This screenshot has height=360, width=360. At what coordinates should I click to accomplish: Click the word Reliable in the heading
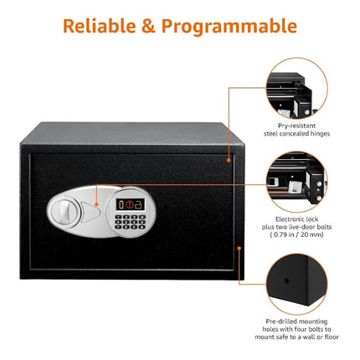(x=100, y=26)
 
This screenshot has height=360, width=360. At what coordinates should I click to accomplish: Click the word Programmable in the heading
(x=229, y=28)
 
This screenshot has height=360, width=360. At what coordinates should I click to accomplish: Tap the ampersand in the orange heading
(x=148, y=26)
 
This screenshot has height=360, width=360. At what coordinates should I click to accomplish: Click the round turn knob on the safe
(x=64, y=213)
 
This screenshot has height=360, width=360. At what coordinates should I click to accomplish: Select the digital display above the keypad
(x=131, y=204)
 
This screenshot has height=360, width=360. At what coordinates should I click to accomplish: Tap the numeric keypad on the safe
(x=131, y=222)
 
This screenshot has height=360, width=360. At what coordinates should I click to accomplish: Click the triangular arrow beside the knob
(x=90, y=212)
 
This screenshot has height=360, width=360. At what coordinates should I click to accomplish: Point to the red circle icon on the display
(x=129, y=204)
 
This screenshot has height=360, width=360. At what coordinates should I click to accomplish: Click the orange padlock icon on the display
(x=137, y=204)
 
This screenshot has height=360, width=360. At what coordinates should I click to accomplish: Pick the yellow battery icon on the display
(x=121, y=204)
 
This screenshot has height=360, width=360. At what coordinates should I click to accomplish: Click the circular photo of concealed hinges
(x=296, y=88)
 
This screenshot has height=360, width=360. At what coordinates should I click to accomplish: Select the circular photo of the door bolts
(x=296, y=182)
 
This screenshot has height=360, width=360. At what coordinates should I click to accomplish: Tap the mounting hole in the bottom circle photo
(x=286, y=280)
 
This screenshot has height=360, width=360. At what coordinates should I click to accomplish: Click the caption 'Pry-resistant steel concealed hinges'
(x=296, y=130)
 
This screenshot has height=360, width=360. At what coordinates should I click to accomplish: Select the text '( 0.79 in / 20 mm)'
(x=296, y=234)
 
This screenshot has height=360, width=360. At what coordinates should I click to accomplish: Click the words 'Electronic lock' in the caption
(x=296, y=219)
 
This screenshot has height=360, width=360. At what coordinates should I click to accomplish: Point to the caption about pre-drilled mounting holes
(x=296, y=329)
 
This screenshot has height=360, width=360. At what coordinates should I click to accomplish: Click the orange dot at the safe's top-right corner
(x=229, y=160)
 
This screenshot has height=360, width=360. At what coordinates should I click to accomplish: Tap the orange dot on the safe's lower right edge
(x=239, y=248)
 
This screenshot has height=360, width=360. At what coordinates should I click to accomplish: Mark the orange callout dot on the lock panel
(x=96, y=204)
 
